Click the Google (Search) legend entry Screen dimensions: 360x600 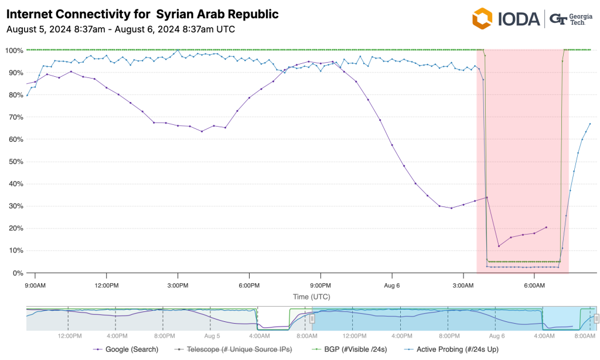[x=129, y=349]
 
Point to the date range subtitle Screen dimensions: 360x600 [x=121, y=29]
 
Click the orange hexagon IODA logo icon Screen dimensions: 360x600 [x=483, y=18]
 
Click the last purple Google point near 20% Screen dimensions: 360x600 [x=546, y=227]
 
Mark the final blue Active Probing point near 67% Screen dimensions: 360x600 [x=590, y=124]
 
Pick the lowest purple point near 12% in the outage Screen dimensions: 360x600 [x=499, y=246]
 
